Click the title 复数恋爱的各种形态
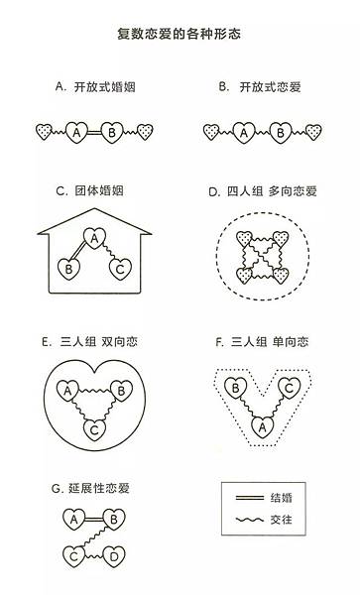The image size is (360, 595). [x=179, y=34]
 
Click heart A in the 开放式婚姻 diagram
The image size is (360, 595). [x=77, y=132]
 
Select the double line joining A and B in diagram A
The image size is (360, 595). [x=95, y=133]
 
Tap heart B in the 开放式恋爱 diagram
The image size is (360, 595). [x=280, y=133]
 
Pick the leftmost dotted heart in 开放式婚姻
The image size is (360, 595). [x=44, y=131]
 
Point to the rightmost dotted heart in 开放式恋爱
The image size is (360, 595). [x=313, y=132]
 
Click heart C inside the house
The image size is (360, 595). [x=120, y=269]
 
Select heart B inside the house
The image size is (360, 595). [x=68, y=269]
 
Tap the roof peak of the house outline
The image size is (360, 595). [x=94, y=208]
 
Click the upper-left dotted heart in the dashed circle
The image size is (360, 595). [x=244, y=238]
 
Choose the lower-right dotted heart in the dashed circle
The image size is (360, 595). [x=281, y=275]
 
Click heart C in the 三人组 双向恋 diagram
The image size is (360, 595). [x=94, y=430]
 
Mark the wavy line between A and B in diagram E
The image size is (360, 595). [x=94, y=390]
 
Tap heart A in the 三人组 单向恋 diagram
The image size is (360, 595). [x=262, y=427]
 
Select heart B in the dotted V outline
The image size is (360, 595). [x=236, y=388]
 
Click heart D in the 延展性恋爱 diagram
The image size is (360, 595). [x=114, y=556]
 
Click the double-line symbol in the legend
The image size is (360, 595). [x=249, y=497]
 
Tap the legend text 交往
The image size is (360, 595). [x=282, y=519]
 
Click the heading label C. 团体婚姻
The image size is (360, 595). [x=89, y=190]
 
